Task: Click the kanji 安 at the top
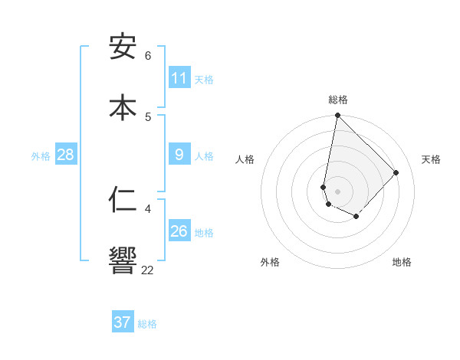[x=123, y=47]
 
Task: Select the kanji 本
[x=123, y=107]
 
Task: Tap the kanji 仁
[x=123, y=200]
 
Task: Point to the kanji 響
[x=123, y=260]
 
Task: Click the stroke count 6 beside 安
[x=148, y=56]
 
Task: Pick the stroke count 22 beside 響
[x=147, y=270]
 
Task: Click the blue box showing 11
[x=179, y=78]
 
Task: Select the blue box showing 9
[x=179, y=155]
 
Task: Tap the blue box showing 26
[x=179, y=231]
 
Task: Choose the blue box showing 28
[x=65, y=155]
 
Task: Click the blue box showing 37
[x=123, y=322]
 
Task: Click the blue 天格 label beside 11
[x=204, y=80]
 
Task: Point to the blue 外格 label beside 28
[x=41, y=156]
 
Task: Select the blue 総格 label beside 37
[x=147, y=324]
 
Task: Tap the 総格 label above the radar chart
[x=338, y=100]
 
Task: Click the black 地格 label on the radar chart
[x=402, y=262]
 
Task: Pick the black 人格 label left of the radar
[x=245, y=159]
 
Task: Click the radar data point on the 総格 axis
[x=337, y=116]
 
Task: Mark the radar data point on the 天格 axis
[x=396, y=172]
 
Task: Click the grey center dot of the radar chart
[x=337, y=191]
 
